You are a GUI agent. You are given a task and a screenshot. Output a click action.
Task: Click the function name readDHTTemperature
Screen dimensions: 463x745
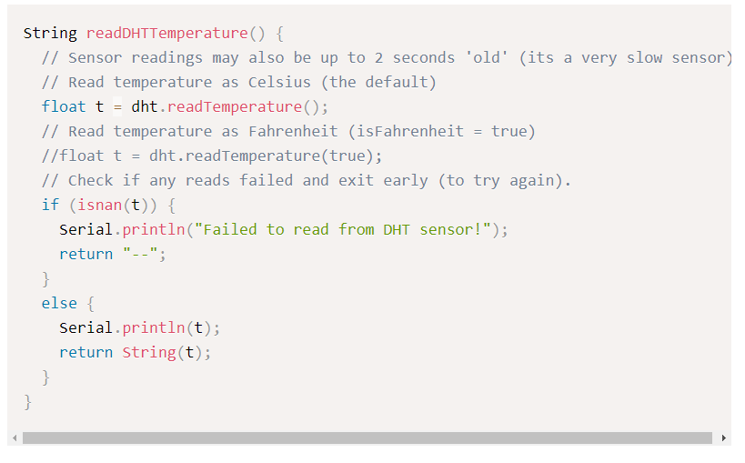click(x=166, y=34)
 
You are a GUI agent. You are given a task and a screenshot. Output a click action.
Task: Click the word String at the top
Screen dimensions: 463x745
click(x=50, y=34)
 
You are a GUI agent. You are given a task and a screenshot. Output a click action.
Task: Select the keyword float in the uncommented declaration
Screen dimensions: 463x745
click(x=64, y=106)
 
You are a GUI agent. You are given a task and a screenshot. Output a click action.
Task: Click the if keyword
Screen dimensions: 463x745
click(x=50, y=205)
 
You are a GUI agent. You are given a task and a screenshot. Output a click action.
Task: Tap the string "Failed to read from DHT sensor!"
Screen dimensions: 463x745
click(x=347, y=229)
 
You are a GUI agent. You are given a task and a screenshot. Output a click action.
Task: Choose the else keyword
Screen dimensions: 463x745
click(x=59, y=303)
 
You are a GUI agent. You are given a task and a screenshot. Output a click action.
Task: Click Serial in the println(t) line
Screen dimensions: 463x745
click(x=86, y=327)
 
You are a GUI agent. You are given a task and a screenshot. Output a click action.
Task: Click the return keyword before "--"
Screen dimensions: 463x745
click(x=86, y=254)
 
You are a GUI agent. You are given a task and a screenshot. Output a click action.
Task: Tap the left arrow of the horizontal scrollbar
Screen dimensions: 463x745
click(x=15, y=438)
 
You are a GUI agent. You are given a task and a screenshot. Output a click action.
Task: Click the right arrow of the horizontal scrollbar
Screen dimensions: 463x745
click(x=723, y=438)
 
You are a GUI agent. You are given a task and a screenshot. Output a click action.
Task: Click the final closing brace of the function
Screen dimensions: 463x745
click(x=28, y=401)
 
